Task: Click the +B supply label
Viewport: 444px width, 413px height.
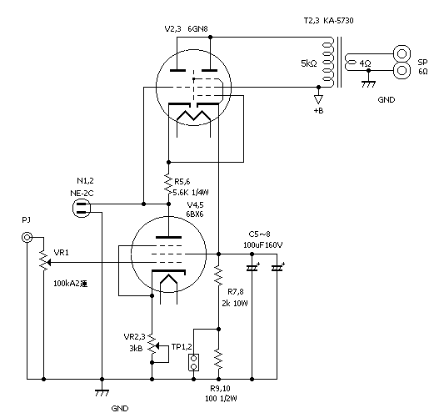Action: point(318,111)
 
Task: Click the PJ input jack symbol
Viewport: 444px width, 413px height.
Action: point(27,239)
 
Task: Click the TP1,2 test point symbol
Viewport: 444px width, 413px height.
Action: point(193,362)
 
